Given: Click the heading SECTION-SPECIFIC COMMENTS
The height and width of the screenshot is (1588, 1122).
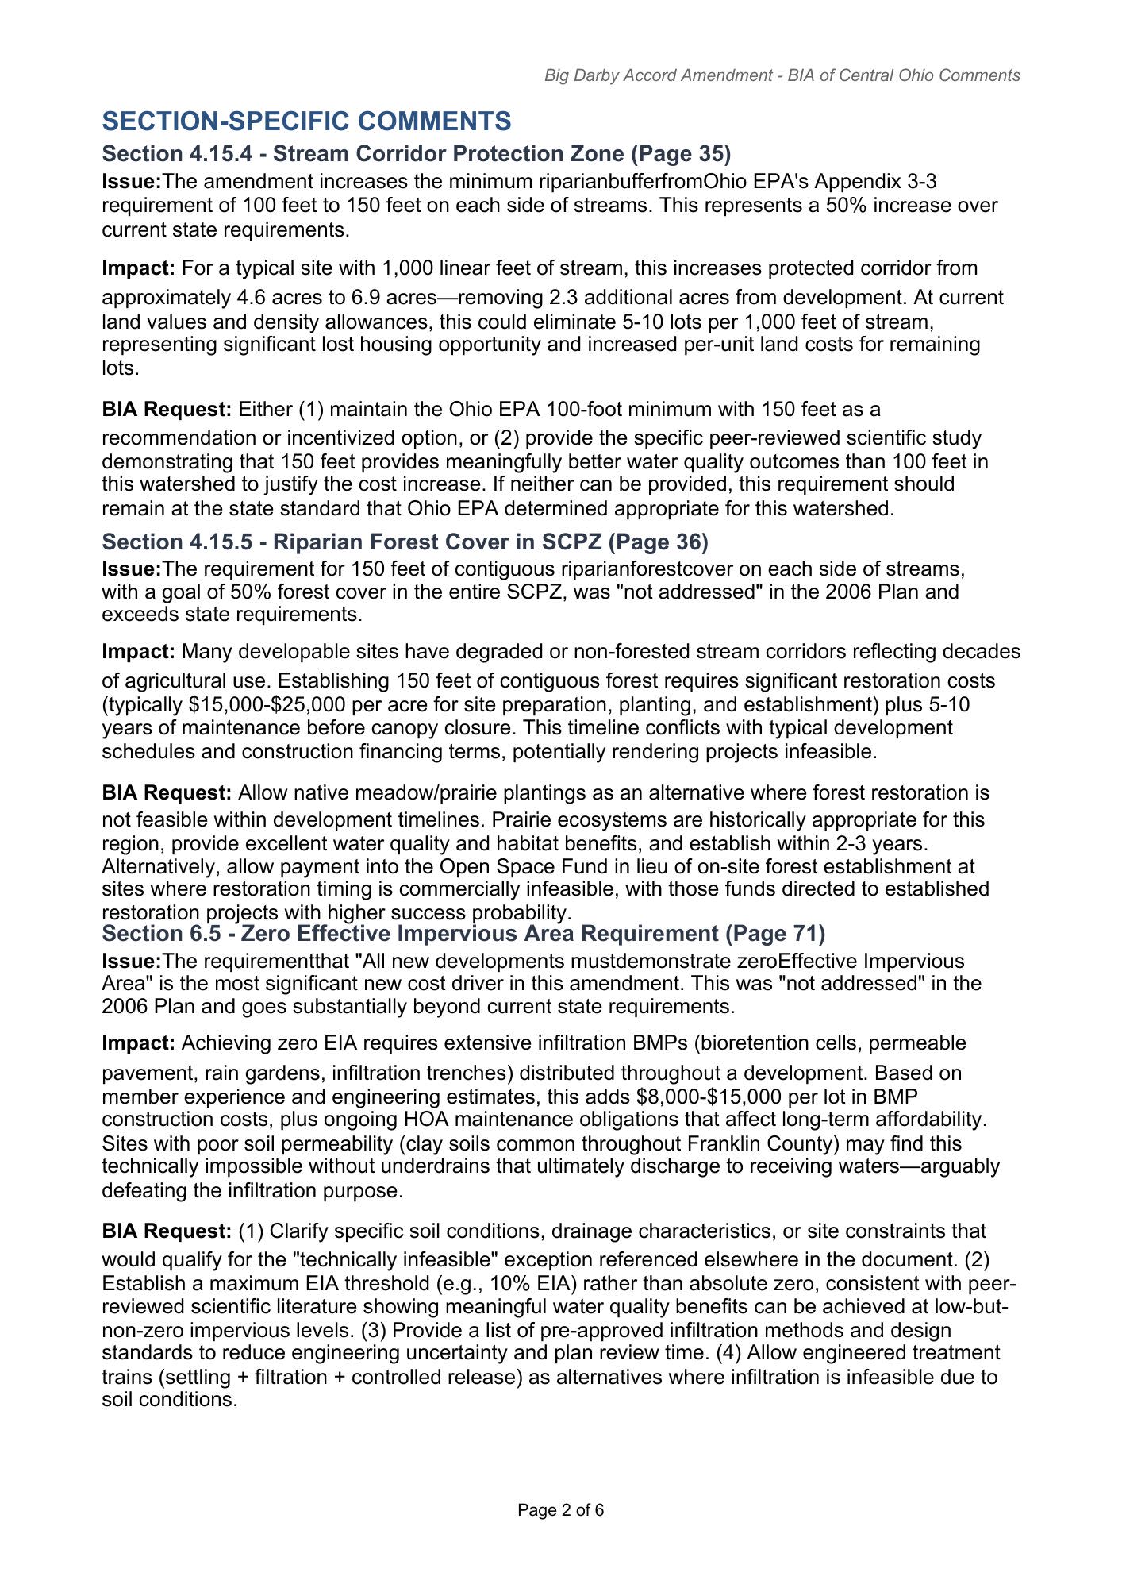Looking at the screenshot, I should [306, 121].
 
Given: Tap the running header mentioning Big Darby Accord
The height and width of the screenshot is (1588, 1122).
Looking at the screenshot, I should [782, 75].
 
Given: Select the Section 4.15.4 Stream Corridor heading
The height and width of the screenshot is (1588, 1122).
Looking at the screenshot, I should [416, 153].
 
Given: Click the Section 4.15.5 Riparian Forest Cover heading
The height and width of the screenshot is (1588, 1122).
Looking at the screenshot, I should [405, 542].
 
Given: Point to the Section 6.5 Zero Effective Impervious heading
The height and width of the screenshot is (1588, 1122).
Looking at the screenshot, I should [463, 933].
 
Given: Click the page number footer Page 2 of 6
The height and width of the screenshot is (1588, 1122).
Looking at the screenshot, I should [560, 1510].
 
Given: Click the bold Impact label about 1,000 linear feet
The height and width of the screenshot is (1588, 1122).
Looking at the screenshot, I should [138, 268].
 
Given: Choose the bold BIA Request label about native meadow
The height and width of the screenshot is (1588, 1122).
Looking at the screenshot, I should [167, 793].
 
